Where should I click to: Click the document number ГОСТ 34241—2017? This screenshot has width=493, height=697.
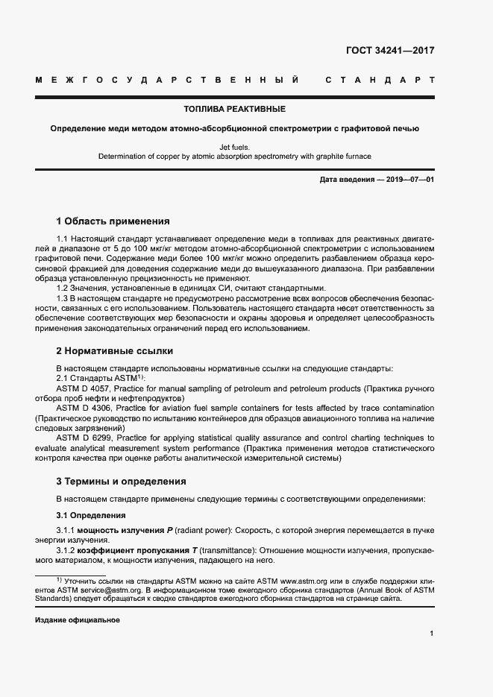coord(389,51)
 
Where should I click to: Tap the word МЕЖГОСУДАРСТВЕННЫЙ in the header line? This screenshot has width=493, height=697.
coord(167,79)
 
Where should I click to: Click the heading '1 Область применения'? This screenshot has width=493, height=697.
coord(113,221)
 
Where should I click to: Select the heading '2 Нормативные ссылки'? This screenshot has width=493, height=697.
coord(113,350)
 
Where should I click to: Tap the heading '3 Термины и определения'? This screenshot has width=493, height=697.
coord(121,481)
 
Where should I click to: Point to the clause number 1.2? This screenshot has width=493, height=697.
coord(63,288)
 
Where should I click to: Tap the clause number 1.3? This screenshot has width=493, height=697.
coord(63,297)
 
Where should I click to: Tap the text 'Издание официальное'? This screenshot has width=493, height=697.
coord(77,620)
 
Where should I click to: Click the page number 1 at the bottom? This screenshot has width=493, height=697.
coord(432,634)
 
